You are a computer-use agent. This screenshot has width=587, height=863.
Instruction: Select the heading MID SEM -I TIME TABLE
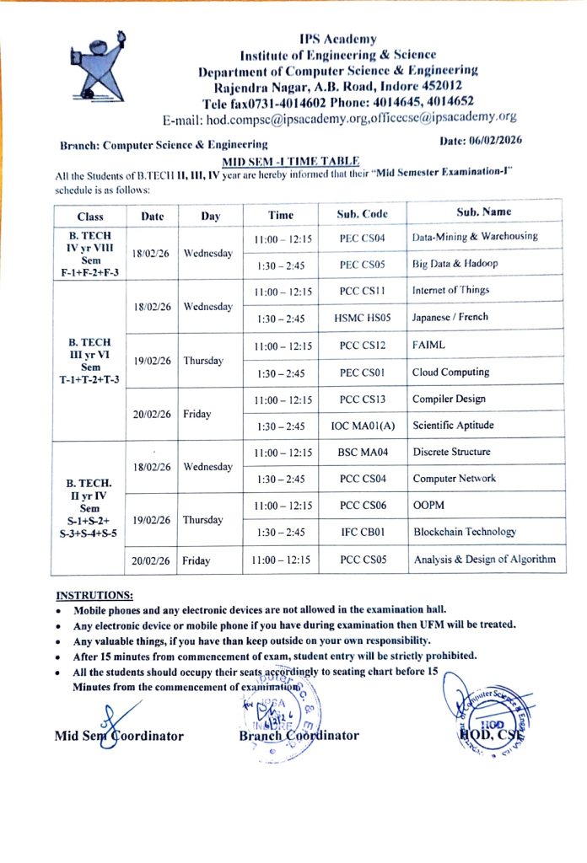(x=291, y=160)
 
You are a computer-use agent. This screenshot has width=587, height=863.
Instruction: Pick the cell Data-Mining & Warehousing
(x=474, y=237)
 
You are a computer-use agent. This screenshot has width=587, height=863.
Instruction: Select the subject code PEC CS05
(x=362, y=265)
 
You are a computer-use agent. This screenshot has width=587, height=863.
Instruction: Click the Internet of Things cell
(x=450, y=291)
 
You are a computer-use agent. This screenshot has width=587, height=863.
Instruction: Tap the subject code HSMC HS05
(x=362, y=319)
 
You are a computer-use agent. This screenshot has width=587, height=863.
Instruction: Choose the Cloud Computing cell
(x=450, y=372)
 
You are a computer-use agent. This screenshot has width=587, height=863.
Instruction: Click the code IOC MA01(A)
(x=362, y=426)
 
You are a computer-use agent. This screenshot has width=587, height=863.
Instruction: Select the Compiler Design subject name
(x=449, y=399)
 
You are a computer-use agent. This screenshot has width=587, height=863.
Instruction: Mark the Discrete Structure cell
(x=451, y=452)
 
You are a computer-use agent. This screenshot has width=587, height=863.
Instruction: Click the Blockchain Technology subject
(x=464, y=532)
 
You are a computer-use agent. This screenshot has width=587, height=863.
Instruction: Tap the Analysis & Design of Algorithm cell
(x=484, y=560)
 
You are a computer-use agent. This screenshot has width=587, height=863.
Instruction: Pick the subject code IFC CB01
(x=362, y=533)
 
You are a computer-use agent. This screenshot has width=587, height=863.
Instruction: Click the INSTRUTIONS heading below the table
(x=94, y=594)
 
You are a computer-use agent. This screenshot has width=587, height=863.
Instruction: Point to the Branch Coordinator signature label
(x=299, y=735)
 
